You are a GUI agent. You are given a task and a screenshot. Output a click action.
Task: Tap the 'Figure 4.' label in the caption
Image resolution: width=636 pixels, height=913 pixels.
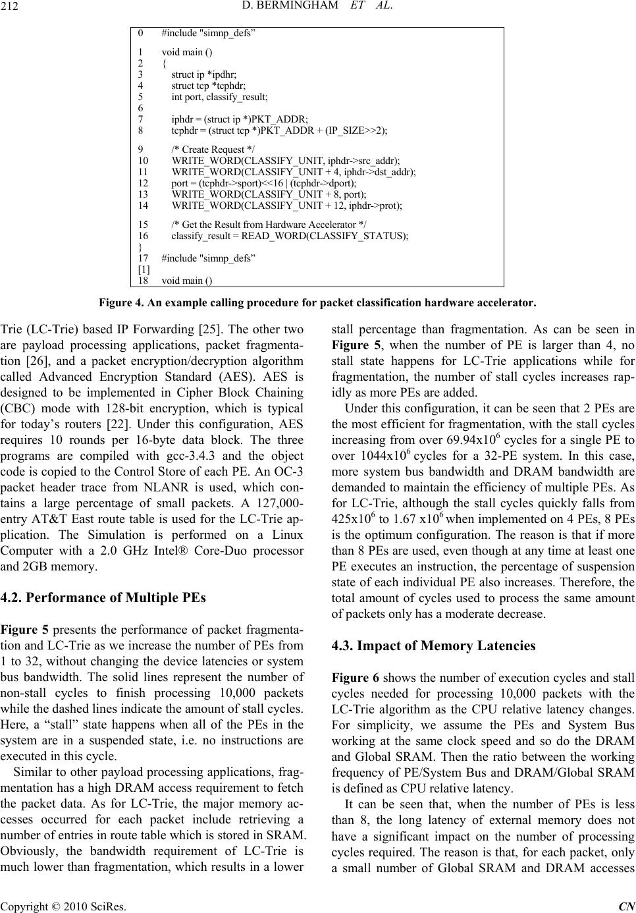coord(119,304)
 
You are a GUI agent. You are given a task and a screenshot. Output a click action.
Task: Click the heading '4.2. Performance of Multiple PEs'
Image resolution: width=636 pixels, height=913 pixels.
coord(103,598)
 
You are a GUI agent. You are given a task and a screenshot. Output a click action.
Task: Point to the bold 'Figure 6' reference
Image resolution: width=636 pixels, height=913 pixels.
coord(355,678)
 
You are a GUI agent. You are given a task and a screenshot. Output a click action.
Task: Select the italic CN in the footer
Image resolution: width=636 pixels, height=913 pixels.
coord(628,905)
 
